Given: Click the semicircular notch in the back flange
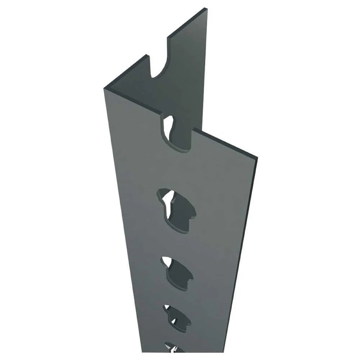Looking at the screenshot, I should pos(158,68).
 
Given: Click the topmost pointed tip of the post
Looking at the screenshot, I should pos(206,9).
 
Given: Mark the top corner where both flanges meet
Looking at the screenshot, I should pos(105,88).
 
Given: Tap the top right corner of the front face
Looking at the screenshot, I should pos(257,157).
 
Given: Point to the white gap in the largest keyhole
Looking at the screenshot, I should pos(168,197).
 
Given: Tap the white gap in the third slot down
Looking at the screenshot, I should pos(167,261).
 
